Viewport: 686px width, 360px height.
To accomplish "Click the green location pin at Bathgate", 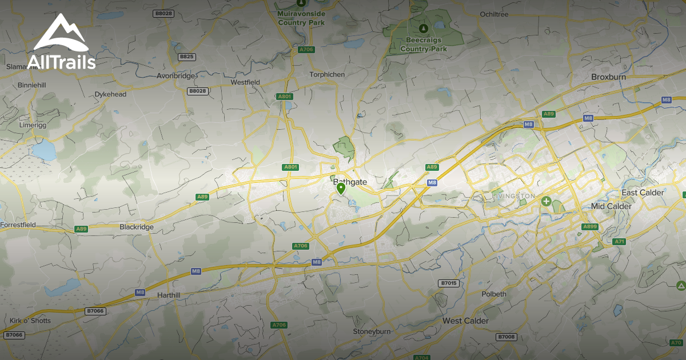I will click(x=341, y=188).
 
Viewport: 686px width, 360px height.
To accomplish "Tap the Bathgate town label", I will click(x=349, y=182).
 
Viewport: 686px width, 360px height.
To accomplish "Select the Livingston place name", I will click(x=513, y=196).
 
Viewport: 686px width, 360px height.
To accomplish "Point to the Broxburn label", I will click(x=609, y=77).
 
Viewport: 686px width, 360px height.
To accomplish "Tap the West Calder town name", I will click(x=465, y=321).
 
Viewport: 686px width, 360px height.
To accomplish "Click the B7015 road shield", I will click(x=449, y=283).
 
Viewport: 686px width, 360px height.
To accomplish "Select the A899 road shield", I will click(x=589, y=227).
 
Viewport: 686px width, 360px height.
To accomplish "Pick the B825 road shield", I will click(x=186, y=57).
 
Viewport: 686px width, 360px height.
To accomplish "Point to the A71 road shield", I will click(x=620, y=242).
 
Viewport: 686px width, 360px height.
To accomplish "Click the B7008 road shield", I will click(x=506, y=337).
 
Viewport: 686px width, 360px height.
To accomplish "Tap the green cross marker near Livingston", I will click(x=547, y=201).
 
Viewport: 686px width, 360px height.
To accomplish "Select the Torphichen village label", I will click(x=327, y=75).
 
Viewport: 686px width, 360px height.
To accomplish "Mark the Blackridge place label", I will click(x=137, y=227).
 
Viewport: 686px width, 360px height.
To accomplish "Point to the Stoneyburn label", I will click(x=370, y=331).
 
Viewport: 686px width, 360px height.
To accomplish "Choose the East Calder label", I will click(x=643, y=193).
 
